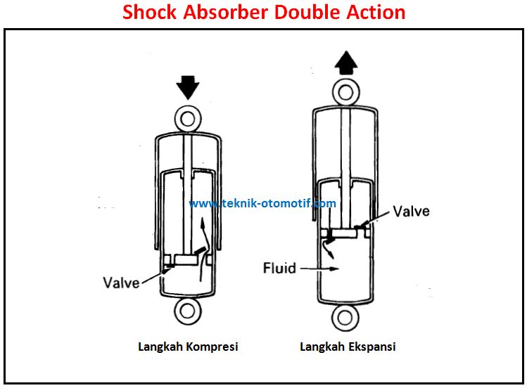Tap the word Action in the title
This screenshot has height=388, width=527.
379,13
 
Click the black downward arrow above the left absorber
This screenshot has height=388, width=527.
186,88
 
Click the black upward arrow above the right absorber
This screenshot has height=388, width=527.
346,64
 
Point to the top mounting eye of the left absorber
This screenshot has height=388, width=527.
186,117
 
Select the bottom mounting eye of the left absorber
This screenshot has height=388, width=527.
187,311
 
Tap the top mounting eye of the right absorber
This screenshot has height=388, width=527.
346,93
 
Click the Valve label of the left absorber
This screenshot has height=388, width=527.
121,283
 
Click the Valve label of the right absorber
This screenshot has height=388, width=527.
411,211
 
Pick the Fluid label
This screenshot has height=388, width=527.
279,268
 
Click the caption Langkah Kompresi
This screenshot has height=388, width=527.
188,347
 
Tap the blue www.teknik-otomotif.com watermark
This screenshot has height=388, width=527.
262,204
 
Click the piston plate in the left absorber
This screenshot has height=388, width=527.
187,260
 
